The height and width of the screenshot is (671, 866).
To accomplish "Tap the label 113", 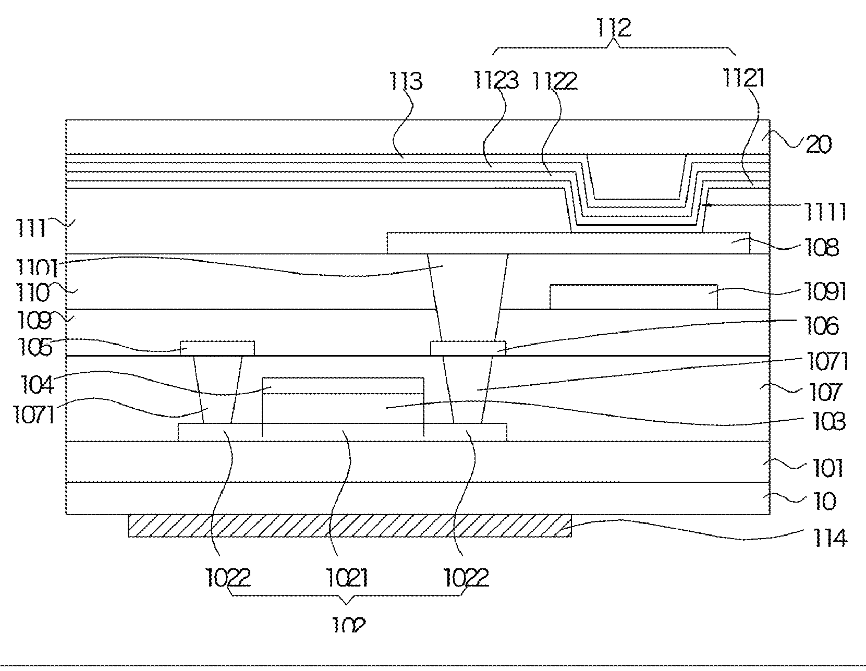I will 405,82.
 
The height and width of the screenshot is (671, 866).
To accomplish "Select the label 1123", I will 496,80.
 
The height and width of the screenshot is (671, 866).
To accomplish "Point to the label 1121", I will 743,79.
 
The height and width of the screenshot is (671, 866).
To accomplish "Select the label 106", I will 823,326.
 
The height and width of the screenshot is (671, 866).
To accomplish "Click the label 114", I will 828,538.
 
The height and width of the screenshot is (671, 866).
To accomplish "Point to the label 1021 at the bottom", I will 347,578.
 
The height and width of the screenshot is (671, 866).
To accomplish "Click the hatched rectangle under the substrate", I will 349,526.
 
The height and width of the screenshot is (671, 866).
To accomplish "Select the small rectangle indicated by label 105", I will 217,348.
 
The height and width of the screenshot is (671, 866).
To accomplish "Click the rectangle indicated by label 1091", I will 633,297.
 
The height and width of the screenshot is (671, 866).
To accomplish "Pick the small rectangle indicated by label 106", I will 468,348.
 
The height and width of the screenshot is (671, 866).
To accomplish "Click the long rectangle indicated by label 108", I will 568,243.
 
